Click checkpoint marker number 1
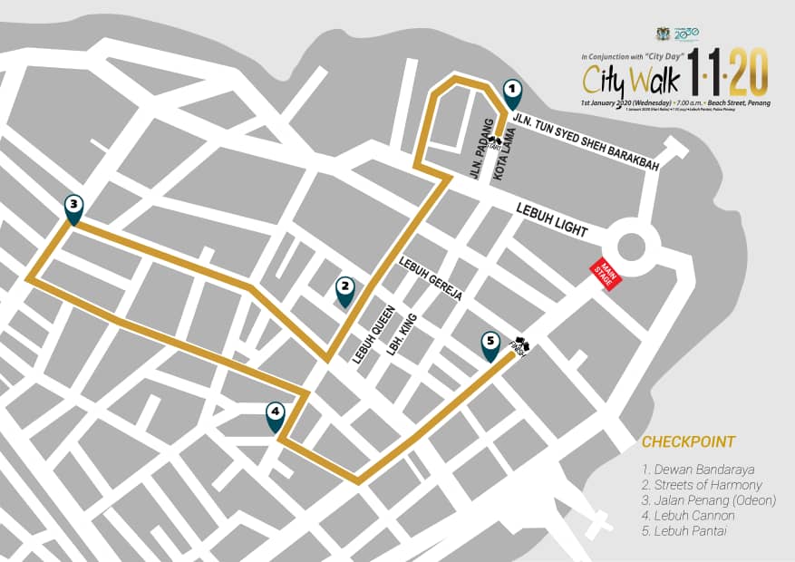click(x=512, y=91)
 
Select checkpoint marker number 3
click(x=74, y=207)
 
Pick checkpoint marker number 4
click(x=276, y=415)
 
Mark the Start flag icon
click(x=495, y=142)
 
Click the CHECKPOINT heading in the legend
click(x=688, y=442)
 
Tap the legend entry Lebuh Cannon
click(x=688, y=515)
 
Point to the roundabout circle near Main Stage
click(x=631, y=246)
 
